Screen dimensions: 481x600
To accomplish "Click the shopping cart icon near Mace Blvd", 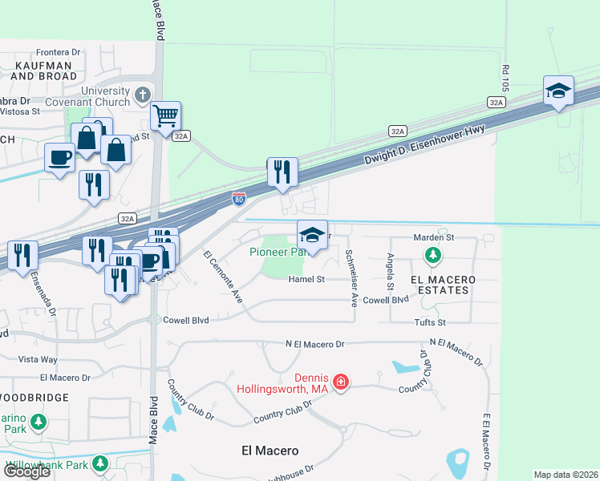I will [165, 116].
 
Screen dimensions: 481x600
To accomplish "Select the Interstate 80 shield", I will [239, 198].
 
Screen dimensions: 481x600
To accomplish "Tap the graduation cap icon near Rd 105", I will [558, 91].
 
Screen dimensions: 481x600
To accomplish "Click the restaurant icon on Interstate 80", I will [282, 172].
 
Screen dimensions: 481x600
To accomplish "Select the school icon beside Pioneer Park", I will [312, 235].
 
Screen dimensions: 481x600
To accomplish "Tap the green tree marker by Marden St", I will [432, 256].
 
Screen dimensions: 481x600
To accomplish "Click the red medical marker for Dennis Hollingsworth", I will [341, 382].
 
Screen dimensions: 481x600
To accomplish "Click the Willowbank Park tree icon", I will [99, 464].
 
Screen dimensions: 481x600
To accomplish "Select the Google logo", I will [26, 471].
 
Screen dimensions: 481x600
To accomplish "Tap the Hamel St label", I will [307, 279].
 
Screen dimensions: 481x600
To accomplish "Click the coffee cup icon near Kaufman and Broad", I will [59, 156].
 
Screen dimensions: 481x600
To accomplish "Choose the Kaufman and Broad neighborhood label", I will [44, 71].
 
